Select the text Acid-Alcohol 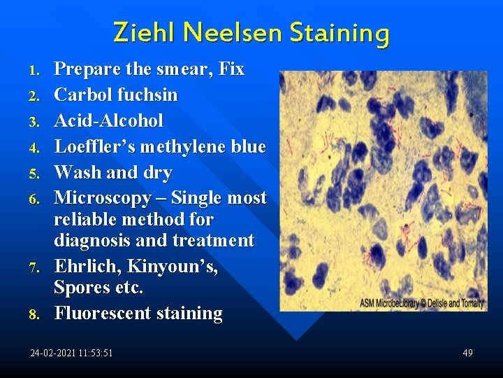[x=108, y=120]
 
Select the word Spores [x=82, y=288]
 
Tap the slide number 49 [x=467, y=353]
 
